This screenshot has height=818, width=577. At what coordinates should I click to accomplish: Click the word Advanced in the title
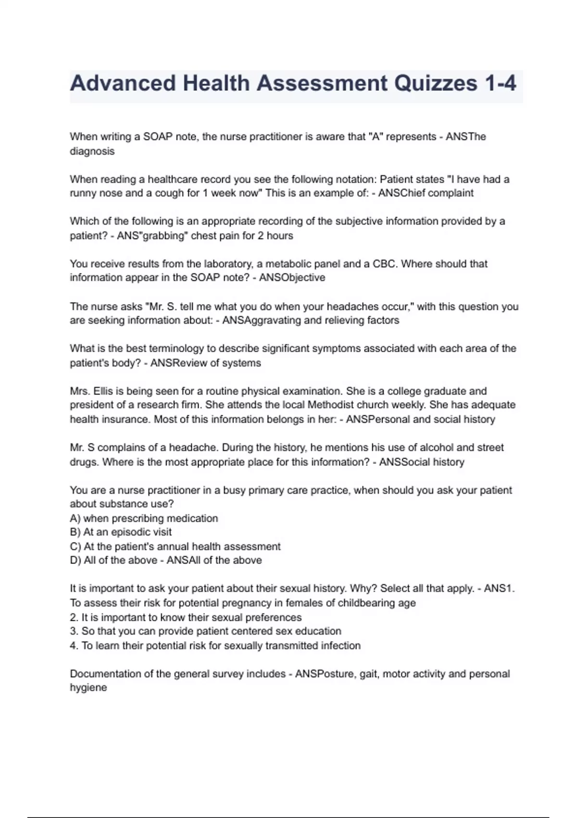pyautogui.click(x=123, y=83)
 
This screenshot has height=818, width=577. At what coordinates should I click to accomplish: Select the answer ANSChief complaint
pyautogui.click(x=426, y=193)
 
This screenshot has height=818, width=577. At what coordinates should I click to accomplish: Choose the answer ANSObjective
pyautogui.click(x=292, y=278)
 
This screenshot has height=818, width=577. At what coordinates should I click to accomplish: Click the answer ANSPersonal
pyautogui.click(x=378, y=419)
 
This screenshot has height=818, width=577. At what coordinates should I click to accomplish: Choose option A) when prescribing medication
pyautogui.click(x=144, y=518)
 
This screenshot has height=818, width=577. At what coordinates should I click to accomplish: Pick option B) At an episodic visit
pyautogui.click(x=121, y=532)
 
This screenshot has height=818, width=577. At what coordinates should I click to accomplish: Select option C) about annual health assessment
pyautogui.click(x=175, y=547)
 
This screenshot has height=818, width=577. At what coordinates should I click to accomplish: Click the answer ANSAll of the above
pyautogui.click(x=214, y=560)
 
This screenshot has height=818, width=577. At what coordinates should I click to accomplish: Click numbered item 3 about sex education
pyautogui.click(x=205, y=631)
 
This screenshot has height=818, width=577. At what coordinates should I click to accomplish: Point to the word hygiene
pyautogui.click(x=88, y=688)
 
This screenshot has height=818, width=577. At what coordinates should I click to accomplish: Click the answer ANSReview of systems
pyautogui.click(x=206, y=363)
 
